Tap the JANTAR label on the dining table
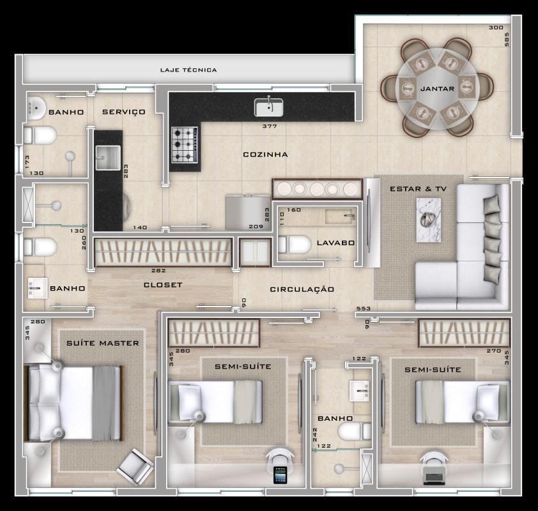[x=438, y=89]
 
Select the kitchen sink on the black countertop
[x=269, y=107]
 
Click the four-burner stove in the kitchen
[x=184, y=145]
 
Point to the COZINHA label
[x=265, y=155]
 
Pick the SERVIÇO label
[x=124, y=112]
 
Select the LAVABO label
[x=335, y=243]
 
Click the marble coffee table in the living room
[x=428, y=220]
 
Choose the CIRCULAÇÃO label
[x=302, y=289]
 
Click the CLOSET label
[x=163, y=285]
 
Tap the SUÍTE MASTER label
[x=102, y=343]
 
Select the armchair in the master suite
[x=136, y=465]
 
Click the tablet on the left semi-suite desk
[x=280, y=476]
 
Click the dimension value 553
[x=364, y=309]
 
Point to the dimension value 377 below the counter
[x=269, y=126]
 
